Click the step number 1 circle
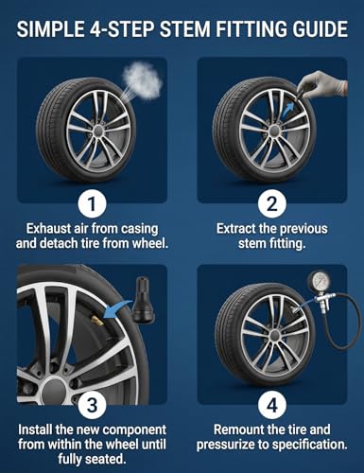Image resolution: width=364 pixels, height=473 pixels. pos(92,203)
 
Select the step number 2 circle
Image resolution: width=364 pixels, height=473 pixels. pos(272,203)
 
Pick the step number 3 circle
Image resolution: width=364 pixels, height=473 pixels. pos(92,405)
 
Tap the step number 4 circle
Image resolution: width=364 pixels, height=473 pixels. pos(272,405)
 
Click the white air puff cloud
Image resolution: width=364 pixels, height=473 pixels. pos(143,79)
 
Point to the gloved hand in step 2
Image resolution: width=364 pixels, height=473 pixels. pos(321,84)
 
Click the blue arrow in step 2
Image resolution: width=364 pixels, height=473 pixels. pos(287,112)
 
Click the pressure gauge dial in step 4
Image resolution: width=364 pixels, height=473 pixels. pos(319,280)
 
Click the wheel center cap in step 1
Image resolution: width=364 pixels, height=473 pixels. pos(99,130)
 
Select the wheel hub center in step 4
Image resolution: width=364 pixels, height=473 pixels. pos(275,335)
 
